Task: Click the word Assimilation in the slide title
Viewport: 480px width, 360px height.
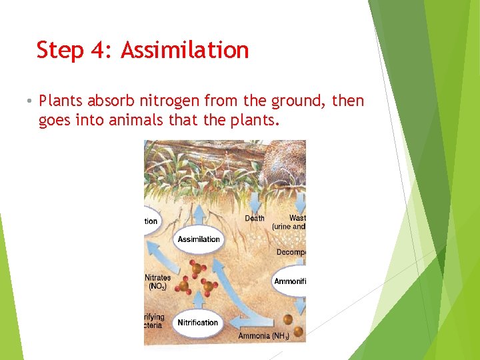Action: [185, 50]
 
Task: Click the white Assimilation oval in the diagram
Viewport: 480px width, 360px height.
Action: [198, 239]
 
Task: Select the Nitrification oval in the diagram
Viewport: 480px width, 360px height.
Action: [197, 323]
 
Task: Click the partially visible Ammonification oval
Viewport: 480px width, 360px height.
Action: [289, 281]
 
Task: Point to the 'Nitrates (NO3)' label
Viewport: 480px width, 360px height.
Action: [157, 282]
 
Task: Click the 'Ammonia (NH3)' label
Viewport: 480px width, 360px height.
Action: [263, 336]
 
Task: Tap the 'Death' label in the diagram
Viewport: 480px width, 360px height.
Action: [254, 218]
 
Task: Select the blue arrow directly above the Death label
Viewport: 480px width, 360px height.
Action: [254, 198]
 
